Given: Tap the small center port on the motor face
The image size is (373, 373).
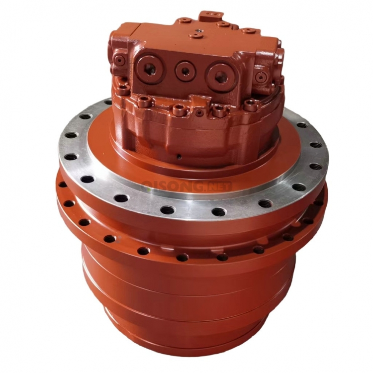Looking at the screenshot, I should (185, 71).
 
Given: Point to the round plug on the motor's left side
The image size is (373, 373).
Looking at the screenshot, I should (118, 61).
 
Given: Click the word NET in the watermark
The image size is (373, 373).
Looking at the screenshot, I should (218, 186).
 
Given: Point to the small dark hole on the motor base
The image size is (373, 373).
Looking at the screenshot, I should (178, 157).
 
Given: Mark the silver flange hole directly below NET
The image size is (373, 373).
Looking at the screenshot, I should (218, 212).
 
